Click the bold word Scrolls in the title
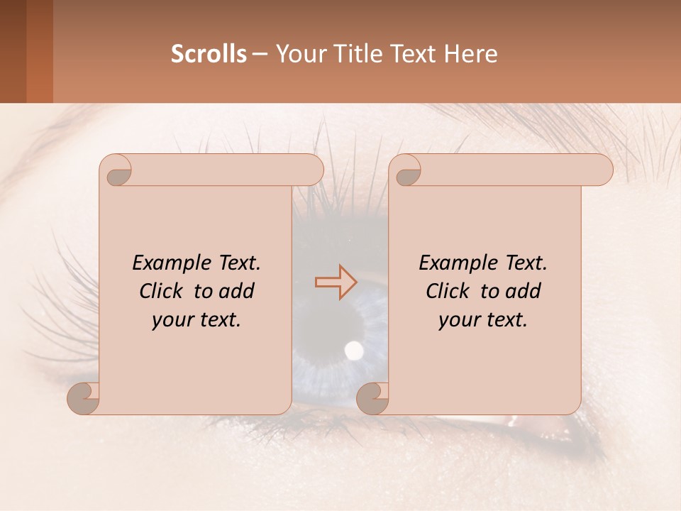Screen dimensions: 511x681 coord(209,54)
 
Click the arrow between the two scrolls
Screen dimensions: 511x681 coord(336,282)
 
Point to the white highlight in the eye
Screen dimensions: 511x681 coord(353,348)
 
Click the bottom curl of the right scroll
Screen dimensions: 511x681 coord(373,397)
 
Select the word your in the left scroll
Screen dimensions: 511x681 coord(173,320)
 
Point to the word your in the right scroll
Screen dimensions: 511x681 coord(460,320)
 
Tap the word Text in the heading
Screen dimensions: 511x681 coord(416,54)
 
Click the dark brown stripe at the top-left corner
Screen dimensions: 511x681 coord(13,51)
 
